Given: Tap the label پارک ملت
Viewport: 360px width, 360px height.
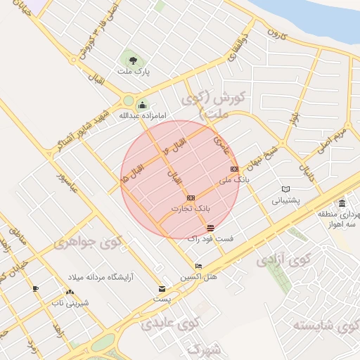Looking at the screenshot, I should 133,71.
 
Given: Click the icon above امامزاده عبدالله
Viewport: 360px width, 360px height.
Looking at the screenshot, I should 142,105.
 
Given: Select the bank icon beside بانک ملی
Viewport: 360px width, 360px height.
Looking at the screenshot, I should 234,169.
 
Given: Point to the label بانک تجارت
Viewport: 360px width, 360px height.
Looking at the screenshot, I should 191,209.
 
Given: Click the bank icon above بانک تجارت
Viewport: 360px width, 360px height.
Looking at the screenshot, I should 191,198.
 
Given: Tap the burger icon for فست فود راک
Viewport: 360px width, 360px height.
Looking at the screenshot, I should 211,228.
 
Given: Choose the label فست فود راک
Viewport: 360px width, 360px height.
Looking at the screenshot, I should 211,239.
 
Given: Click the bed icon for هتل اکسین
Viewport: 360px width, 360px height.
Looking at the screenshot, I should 198,266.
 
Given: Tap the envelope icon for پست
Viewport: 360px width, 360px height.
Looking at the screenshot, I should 162,288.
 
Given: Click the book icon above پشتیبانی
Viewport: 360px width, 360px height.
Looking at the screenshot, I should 285,189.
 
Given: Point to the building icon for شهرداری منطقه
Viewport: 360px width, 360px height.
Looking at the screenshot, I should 342,204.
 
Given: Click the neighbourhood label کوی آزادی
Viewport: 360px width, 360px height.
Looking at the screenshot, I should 271,262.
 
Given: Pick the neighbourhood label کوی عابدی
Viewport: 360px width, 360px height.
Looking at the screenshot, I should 171,323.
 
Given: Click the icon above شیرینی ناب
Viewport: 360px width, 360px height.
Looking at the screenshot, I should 69,292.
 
